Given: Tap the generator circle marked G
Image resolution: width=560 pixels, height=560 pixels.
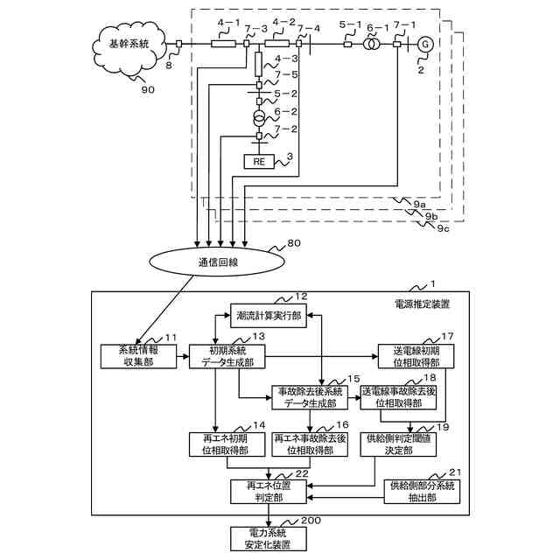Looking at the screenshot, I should pos(424,44).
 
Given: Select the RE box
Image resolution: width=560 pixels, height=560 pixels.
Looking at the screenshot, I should pos(259,161).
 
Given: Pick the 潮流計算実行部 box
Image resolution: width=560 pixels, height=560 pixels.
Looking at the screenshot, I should pos(269,316).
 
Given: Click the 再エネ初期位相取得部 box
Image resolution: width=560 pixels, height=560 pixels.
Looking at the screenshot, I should pos(220,444).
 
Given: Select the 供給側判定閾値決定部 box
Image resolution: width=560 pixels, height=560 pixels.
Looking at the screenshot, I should pos(400,444).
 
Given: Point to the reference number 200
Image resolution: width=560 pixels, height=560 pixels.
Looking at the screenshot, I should pos(310,521).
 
